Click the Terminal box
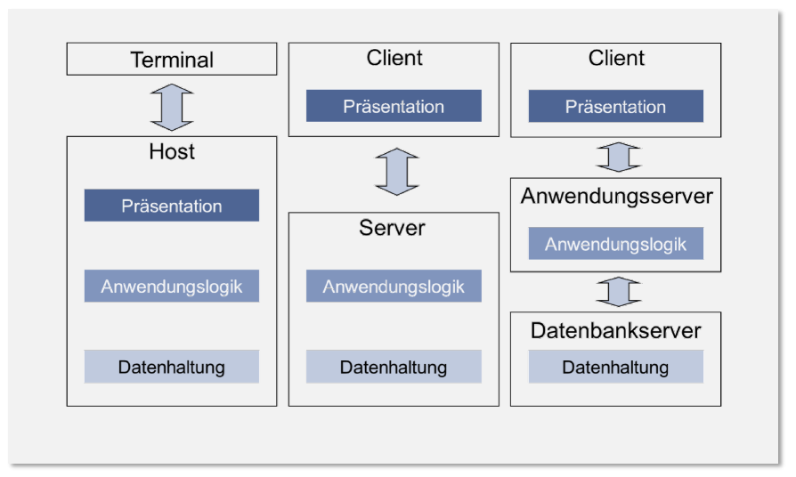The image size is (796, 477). tap(172, 60)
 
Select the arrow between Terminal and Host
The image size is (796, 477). tap(172, 106)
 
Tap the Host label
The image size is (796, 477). tap(172, 152)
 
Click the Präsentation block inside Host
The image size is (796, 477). tap(172, 206)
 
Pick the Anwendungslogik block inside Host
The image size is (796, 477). tap(172, 287)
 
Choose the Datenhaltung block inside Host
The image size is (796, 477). tap(172, 367)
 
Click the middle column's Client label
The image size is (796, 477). tap(394, 58)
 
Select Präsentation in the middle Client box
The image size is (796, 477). tap(394, 106)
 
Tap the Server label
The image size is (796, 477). tap(393, 228)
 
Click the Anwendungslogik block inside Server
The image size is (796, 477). tap(394, 287)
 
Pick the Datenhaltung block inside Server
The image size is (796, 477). tap(394, 367)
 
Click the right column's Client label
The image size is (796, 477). tap(616, 58)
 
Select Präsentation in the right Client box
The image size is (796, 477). tap(615, 106)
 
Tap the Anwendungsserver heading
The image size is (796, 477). tap(616, 196)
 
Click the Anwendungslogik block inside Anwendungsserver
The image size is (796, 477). tap(615, 244)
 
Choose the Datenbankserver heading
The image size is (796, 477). tap(616, 331)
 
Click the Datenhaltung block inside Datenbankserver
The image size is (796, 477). tap(615, 367)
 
